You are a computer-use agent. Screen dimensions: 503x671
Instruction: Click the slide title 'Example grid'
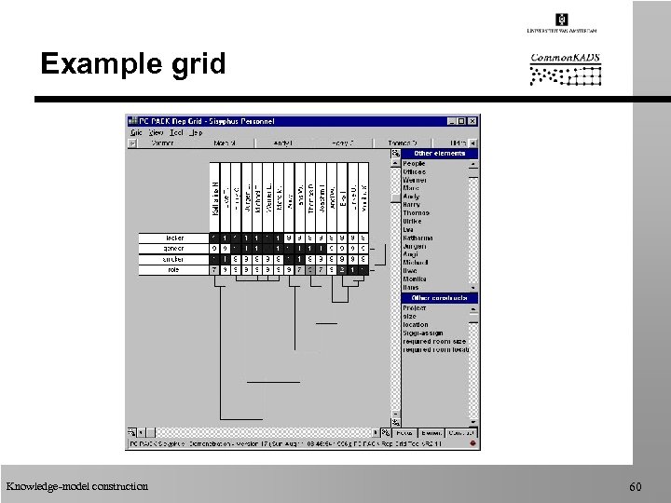click(133, 64)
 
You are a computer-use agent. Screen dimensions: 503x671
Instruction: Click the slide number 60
click(636, 487)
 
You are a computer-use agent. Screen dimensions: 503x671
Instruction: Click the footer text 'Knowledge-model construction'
click(76, 486)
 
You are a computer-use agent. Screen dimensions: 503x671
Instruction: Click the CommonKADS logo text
click(565, 58)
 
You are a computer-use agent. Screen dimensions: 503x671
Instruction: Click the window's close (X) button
click(473, 121)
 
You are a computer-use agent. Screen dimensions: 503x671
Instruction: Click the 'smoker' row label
click(173, 259)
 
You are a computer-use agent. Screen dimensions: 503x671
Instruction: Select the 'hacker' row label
click(173, 238)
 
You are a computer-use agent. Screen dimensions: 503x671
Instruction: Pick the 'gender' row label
click(173, 249)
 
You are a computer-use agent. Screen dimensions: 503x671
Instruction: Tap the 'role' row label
click(173, 269)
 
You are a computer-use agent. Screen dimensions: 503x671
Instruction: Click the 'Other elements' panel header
click(439, 154)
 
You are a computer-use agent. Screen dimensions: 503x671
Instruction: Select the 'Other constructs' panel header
click(439, 298)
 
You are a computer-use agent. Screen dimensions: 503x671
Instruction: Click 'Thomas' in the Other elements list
click(416, 213)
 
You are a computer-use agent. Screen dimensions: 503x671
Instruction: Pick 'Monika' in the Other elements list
click(415, 279)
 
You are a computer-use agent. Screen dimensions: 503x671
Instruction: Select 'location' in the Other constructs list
click(416, 325)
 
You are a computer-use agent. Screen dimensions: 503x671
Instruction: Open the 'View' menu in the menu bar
click(156, 132)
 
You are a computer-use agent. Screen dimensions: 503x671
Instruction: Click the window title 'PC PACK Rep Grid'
click(206, 121)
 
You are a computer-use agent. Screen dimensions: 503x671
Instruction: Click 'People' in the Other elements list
click(414, 164)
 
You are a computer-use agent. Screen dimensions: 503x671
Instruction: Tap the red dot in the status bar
click(475, 443)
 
